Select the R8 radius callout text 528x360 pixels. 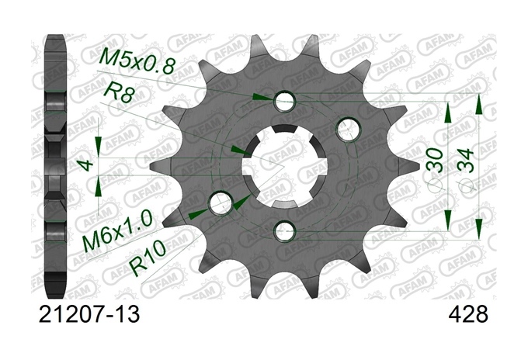(116, 92)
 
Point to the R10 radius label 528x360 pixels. (148, 258)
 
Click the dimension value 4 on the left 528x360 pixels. (87, 165)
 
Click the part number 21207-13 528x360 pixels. (89, 314)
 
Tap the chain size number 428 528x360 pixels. (468, 314)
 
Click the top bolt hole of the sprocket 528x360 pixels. (285, 100)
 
